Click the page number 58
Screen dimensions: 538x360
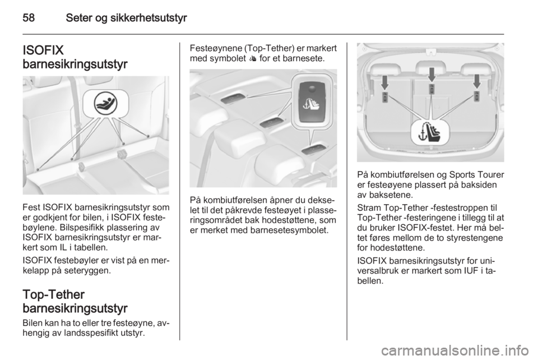click(29, 18)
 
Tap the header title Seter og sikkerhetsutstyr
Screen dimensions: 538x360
click(126, 18)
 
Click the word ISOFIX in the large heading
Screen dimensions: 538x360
click(43, 50)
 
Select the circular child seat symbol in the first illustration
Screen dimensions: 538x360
click(106, 103)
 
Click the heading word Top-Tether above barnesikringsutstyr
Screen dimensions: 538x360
click(54, 294)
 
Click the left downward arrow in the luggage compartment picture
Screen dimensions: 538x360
click(385, 82)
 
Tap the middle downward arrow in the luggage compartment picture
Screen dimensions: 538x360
click(432, 75)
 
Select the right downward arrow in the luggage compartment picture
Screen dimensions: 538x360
click(476, 82)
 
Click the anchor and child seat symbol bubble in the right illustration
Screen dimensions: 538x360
click(430, 132)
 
